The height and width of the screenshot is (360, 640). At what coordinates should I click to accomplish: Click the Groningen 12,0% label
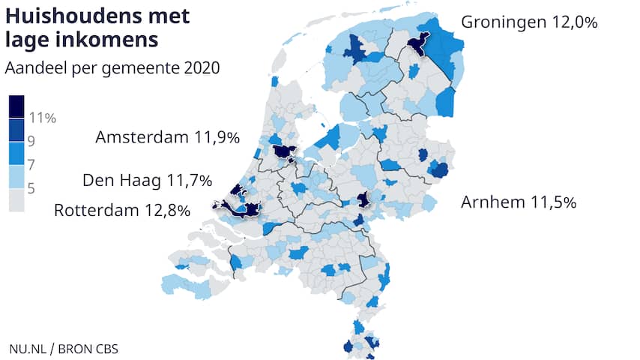point(528,22)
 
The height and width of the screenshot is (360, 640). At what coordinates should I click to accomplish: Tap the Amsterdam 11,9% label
point(167,137)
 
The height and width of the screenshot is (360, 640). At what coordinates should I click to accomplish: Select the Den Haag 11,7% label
point(147,180)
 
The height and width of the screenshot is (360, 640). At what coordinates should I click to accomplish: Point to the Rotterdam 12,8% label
point(122,209)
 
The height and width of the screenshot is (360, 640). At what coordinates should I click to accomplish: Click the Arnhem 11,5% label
point(519,202)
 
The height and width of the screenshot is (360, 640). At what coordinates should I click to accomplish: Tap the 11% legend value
point(43,118)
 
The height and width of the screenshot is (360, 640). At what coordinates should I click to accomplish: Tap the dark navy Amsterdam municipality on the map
point(283,151)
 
